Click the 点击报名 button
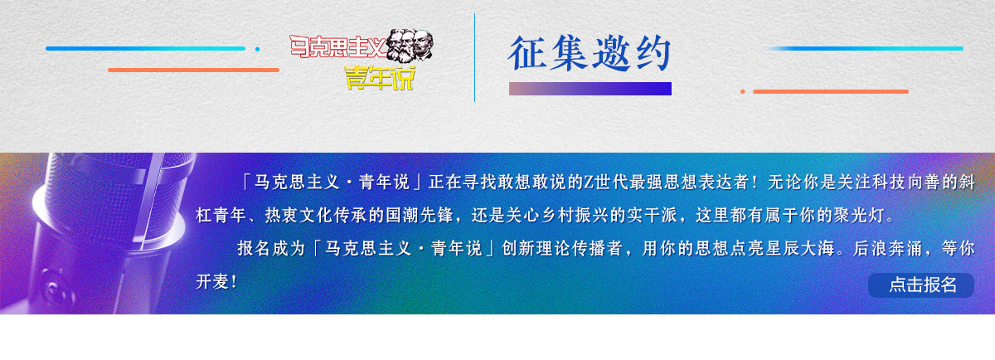(921, 285)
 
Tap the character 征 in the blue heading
(527, 53)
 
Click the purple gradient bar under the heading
(590, 89)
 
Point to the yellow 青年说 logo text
(380, 78)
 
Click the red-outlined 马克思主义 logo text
(337, 46)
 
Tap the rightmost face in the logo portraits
(422, 44)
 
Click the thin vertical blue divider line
(474, 58)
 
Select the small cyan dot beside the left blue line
(257, 49)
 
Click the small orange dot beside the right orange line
(742, 91)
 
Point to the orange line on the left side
(193, 70)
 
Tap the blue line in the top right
(866, 48)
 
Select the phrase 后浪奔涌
(887, 248)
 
